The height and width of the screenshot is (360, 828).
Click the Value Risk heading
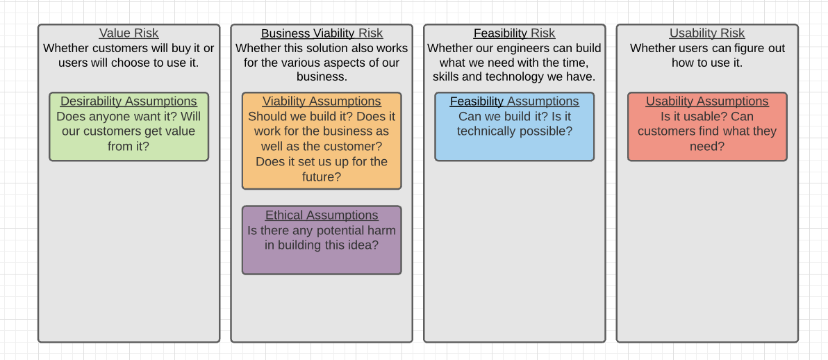pyautogui.click(x=129, y=33)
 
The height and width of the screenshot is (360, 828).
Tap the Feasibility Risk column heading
pyautogui.click(x=514, y=33)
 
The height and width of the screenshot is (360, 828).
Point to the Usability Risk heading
pyautogui.click(x=707, y=33)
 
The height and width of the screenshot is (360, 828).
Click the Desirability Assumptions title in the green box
pyautogui.click(x=129, y=101)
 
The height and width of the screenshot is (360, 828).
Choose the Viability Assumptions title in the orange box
pyautogui.click(x=322, y=101)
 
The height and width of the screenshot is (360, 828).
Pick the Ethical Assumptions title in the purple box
pyautogui.click(x=322, y=215)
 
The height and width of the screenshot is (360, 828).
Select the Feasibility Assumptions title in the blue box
pyautogui.click(x=514, y=101)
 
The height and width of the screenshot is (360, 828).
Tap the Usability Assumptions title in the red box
pyautogui.click(x=707, y=101)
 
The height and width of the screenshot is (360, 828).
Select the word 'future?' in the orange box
pyautogui.click(x=322, y=177)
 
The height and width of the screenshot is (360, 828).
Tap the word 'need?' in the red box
pyautogui.click(x=707, y=147)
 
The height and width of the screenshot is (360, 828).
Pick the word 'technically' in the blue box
pyautogui.click(x=486, y=131)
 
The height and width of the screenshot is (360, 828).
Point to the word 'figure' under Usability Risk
pyautogui.click(x=746, y=49)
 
